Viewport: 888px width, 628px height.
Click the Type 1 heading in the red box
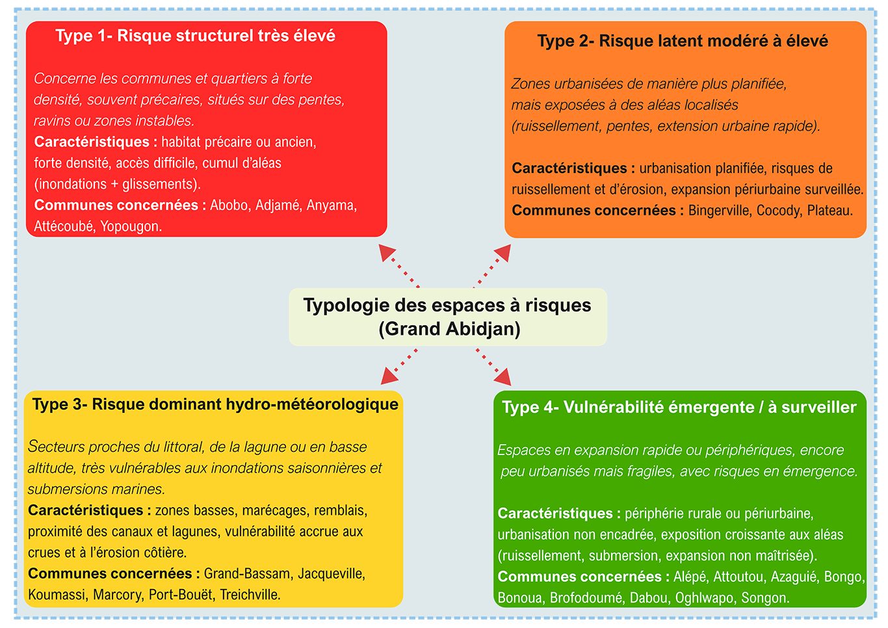point(195,36)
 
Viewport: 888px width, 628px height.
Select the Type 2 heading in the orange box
point(683,41)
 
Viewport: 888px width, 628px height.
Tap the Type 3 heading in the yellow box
point(215,404)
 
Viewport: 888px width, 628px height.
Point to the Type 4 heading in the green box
point(679,408)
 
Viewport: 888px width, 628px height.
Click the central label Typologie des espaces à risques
point(447,306)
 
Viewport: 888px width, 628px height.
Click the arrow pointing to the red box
point(398,265)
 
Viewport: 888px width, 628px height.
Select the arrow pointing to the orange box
point(493,265)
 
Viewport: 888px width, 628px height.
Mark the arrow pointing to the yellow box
point(398,366)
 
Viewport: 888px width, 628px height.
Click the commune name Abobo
point(229,205)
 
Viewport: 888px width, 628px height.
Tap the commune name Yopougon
point(131,227)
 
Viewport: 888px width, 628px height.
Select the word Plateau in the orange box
point(829,211)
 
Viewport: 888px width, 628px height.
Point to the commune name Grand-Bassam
point(247,574)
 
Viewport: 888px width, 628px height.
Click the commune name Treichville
point(250,595)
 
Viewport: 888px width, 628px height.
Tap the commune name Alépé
point(690,577)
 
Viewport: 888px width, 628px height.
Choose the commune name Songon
point(765,598)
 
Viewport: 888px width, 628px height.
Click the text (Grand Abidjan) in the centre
point(449,329)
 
